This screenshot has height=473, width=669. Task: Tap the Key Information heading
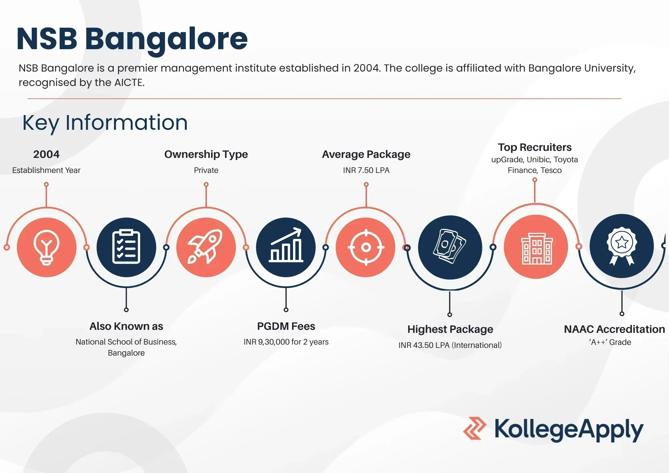[105, 122]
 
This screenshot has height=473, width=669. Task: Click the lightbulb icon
[46, 248]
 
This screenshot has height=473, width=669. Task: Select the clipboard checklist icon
[126, 247]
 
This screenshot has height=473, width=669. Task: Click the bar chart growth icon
[286, 245]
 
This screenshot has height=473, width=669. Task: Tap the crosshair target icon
[366, 247]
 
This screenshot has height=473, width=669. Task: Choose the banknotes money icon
[450, 246]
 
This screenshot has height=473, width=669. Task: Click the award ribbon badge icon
[622, 246]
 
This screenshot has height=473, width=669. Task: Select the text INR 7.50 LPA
[366, 170]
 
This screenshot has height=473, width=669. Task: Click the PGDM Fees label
[286, 326]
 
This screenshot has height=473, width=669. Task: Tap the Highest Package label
[450, 329]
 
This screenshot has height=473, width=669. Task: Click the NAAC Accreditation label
[614, 329]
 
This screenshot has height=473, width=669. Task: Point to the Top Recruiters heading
[535, 147]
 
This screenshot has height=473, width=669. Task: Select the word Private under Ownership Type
[206, 170]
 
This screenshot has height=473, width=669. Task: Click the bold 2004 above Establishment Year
[46, 154]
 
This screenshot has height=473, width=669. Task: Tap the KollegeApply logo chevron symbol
[475, 428]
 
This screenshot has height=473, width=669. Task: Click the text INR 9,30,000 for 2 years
[286, 342]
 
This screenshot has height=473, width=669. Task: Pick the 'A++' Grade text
[610, 342]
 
